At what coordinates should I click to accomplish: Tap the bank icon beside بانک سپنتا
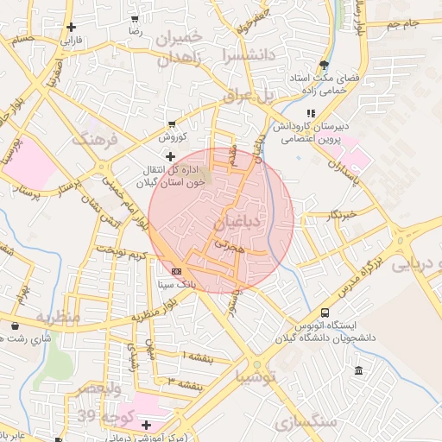(x=176, y=270)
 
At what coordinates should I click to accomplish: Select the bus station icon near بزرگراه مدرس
(x=325, y=312)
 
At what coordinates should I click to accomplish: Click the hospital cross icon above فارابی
(x=70, y=27)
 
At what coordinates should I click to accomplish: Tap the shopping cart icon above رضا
(x=135, y=17)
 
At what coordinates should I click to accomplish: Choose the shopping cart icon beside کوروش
(x=171, y=124)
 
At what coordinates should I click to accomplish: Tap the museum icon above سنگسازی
(x=358, y=371)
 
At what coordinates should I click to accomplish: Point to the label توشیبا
(x=257, y=376)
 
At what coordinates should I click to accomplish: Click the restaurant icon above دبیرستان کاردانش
(x=310, y=113)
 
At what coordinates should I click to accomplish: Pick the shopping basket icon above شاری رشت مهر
(x=16, y=325)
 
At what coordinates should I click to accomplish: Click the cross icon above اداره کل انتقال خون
(x=170, y=156)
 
